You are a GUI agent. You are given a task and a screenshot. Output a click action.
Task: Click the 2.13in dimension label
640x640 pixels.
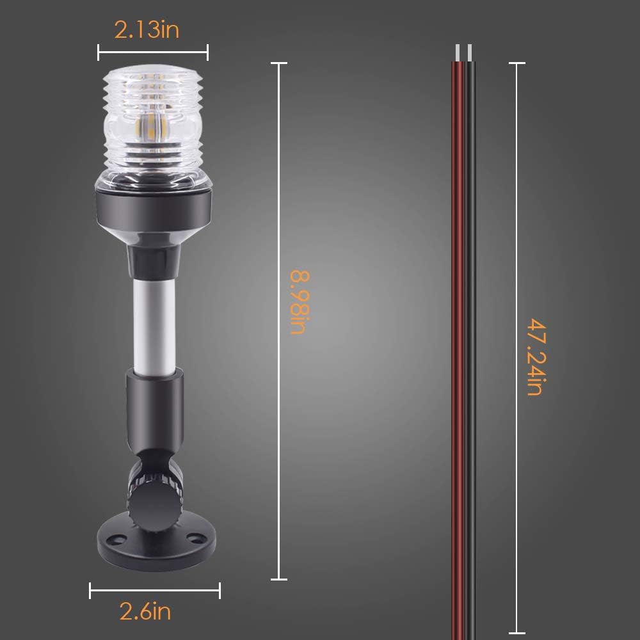[x=147, y=30]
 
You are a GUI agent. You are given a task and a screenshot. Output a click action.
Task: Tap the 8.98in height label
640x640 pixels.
[x=299, y=302]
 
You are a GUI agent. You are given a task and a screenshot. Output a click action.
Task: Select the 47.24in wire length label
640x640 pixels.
[x=535, y=356]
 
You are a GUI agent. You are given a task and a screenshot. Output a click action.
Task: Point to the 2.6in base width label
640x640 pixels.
[x=145, y=612]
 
